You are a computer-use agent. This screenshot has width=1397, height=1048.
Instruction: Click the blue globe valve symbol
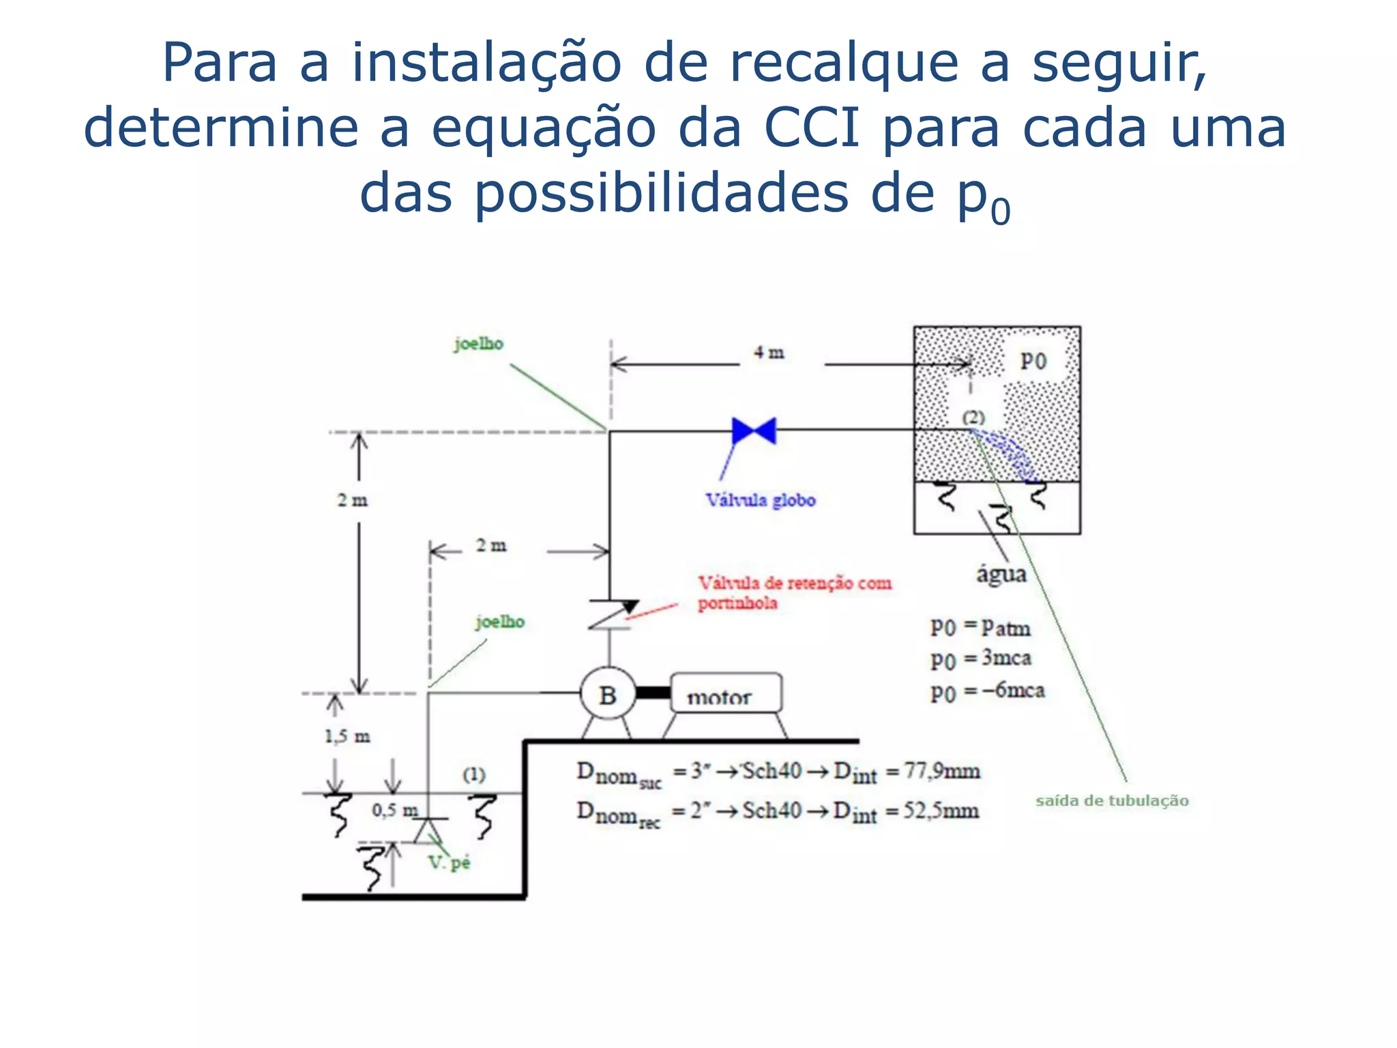point(753,431)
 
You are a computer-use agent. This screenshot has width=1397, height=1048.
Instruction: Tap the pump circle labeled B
point(608,695)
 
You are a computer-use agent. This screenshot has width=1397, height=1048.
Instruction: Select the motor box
point(726,693)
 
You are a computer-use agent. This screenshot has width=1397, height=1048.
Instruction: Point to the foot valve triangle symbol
point(428,830)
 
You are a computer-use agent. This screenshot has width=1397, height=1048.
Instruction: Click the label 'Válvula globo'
point(761,500)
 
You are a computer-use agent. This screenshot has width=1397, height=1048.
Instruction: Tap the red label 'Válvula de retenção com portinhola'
point(794,592)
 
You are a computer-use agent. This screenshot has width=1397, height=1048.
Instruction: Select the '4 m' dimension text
point(769,353)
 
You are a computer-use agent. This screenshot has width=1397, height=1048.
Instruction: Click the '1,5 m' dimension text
point(347,736)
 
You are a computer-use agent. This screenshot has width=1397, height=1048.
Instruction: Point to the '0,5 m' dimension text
point(395,810)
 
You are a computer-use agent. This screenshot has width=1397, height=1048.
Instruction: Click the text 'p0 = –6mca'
point(987,691)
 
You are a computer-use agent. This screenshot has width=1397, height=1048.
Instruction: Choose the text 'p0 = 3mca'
point(980,658)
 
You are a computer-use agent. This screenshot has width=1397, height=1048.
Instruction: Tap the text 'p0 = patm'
point(980,627)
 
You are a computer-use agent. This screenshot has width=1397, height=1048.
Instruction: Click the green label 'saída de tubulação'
point(1112,800)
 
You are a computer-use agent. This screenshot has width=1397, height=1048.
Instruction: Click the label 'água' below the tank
point(1001,574)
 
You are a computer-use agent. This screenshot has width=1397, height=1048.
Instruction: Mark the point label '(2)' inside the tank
point(973,417)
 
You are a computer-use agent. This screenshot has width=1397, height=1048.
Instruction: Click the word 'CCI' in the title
point(812,128)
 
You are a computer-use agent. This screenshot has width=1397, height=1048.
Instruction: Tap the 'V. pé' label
point(450,862)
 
